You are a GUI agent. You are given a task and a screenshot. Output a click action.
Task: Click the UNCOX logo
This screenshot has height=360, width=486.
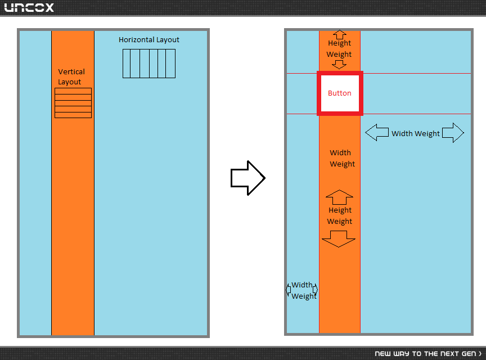[29, 7]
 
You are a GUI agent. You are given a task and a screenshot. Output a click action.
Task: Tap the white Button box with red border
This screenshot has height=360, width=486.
[340, 93]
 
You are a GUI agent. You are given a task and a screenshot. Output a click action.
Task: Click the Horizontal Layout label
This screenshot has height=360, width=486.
[149, 40]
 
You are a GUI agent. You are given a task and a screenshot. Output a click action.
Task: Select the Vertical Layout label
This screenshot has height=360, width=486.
[71, 76]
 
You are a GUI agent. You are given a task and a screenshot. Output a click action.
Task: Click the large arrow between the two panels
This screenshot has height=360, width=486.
[248, 178]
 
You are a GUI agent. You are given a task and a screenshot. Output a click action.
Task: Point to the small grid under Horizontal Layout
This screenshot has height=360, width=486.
[149, 64]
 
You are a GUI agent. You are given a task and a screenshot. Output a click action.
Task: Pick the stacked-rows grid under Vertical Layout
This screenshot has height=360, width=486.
[73, 103]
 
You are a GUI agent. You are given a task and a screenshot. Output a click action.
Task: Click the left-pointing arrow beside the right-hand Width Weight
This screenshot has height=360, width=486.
[377, 133]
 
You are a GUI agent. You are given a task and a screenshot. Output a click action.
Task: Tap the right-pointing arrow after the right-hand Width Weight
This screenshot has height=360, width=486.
[453, 133]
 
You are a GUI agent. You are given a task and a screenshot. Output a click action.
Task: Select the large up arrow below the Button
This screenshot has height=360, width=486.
[339, 197]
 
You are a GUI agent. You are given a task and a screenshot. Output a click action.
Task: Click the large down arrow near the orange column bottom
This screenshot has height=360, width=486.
[339, 239]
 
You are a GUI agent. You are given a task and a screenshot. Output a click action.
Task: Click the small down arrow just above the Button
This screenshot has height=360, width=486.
[339, 65]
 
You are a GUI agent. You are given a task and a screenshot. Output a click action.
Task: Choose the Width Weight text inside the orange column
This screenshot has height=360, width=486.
[341, 159]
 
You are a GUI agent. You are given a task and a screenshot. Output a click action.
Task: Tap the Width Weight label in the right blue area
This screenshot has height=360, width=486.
[416, 134]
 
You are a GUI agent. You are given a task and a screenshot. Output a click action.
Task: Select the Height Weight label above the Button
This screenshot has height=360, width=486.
[339, 49]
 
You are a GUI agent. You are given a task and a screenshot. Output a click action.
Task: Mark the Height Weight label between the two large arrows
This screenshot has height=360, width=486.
[340, 216]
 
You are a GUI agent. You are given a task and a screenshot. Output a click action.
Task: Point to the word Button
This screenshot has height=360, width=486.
[340, 93]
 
